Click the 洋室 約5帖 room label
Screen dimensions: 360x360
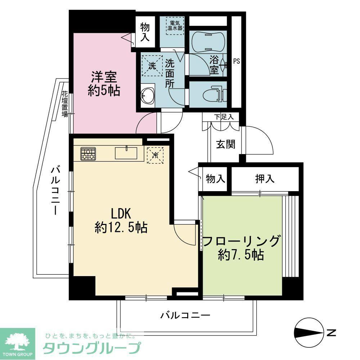[x=104, y=84]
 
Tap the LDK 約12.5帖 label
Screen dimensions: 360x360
[x=121, y=221]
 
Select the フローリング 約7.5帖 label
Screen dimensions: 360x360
[x=241, y=248]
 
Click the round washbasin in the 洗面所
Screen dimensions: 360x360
[x=148, y=95]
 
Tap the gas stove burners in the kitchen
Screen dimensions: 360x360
[x=88, y=153]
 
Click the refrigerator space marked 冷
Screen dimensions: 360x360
[x=155, y=155]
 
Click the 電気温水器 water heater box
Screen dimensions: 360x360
[x=175, y=26]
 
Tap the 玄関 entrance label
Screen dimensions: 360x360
[x=226, y=144]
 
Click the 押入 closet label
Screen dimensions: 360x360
[x=265, y=179]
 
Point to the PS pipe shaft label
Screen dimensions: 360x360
[x=237, y=61]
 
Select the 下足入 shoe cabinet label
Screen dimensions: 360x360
[x=224, y=117]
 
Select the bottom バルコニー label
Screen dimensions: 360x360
[x=185, y=315]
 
